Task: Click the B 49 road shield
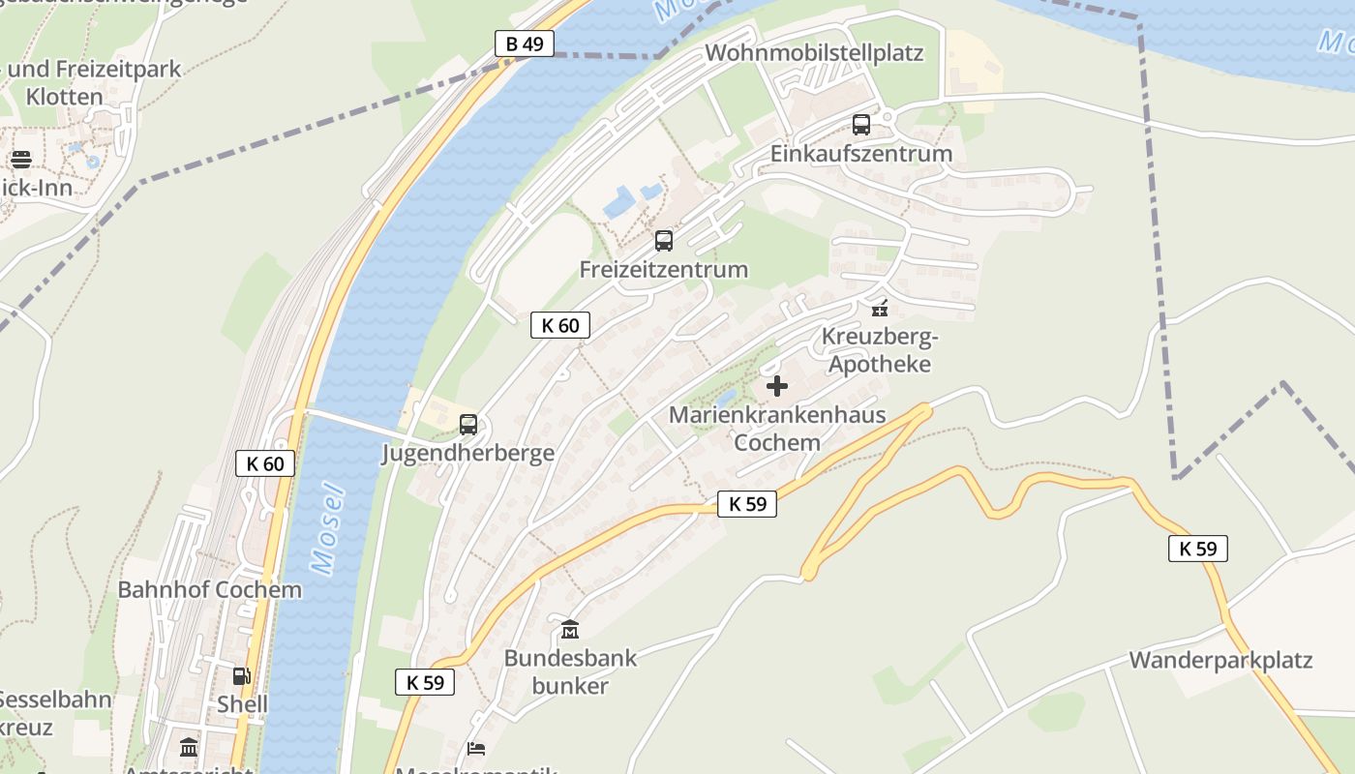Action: tap(525, 44)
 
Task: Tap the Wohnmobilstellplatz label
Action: tap(814, 52)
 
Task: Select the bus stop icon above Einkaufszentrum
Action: tap(861, 125)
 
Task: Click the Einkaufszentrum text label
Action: tap(861, 154)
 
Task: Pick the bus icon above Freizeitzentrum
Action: tap(664, 241)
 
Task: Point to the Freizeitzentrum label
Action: tap(664, 270)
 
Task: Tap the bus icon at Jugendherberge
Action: tap(468, 424)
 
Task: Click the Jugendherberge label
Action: tap(468, 453)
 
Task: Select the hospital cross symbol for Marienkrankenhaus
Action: tap(776, 387)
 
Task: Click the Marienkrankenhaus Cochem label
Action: tap(777, 429)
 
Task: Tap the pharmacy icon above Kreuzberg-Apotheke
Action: tap(879, 309)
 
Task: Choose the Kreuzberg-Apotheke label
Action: tap(879, 350)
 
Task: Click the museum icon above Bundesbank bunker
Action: tap(570, 631)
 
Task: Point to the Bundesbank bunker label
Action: tap(570, 672)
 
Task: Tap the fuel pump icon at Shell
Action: tap(241, 676)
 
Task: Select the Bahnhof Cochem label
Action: tap(210, 589)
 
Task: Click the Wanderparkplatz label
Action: tap(1220, 660)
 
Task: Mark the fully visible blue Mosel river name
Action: tap(329, 527)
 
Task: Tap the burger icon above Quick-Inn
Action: tap(21, 160)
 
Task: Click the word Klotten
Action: tap(64, 97)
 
